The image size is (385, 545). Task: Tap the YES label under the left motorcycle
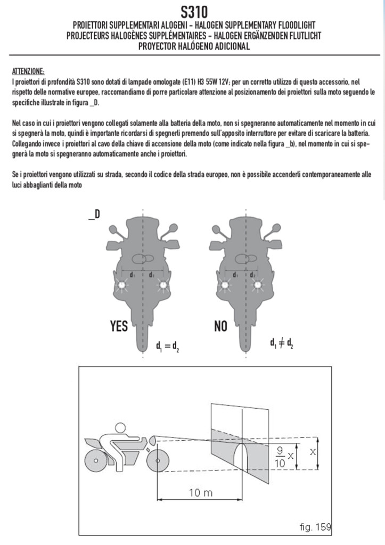(x=118, y=326)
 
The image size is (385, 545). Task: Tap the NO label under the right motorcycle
(x=220, y=326)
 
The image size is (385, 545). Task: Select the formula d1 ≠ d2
(x=282, y=343)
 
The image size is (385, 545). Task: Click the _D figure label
(x=94, y=215)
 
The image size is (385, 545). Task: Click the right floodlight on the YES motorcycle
(x=162, y=286)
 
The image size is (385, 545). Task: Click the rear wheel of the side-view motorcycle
(x=95, y=458)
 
